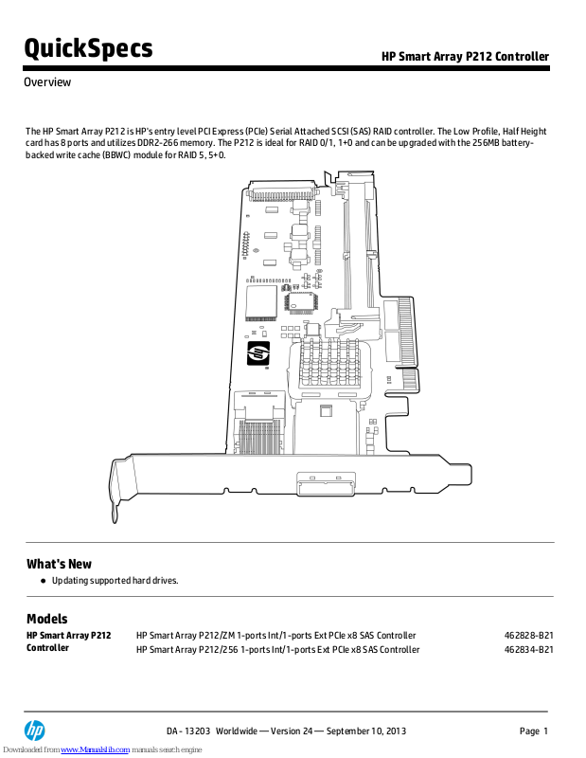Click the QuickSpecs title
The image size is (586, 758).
click(x=88, y=47)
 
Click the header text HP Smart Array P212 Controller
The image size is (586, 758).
click(x=465, y=57)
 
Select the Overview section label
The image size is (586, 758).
click(x=47, y=82)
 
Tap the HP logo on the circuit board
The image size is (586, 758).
click(x=258, y=355)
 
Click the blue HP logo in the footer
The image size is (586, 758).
click(x=35, y=731)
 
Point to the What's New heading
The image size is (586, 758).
click(x=59, y=564)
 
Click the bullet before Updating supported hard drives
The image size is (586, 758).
click(x=43, y=580)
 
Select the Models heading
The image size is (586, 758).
click(x=46, y=619)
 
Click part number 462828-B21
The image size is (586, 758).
click(x=529, y=635)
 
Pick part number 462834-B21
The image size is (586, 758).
click(x=529, y=649)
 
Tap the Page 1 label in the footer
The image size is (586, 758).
click(x=534, y=731)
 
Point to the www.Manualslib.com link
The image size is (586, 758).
click(x=96, y=749)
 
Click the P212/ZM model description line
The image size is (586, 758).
click(x=275, y=635)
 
